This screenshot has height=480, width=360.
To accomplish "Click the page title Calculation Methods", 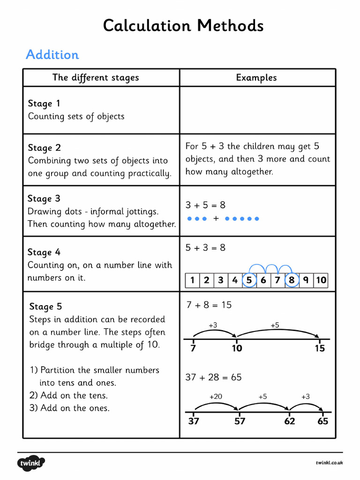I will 183,26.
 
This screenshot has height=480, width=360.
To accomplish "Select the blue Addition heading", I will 52,55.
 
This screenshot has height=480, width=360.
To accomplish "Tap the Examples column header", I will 256,78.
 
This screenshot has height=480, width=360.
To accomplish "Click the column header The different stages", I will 96,78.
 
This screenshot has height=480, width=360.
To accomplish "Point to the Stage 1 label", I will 44,103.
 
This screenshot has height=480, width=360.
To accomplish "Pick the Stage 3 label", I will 44,199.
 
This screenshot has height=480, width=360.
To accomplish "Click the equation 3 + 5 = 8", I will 205,205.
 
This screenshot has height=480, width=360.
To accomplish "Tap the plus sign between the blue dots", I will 216,218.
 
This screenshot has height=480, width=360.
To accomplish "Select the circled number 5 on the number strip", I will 249,280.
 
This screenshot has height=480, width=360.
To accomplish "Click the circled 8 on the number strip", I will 292,280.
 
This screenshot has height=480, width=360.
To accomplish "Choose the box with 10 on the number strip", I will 321,280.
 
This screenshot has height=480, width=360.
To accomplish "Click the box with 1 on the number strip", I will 192,280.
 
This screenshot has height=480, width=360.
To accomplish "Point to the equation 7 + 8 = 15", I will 209,305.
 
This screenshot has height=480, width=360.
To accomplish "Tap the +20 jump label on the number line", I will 216,397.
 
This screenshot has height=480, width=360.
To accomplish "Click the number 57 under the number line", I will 240,421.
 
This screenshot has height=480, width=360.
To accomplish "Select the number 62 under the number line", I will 290,421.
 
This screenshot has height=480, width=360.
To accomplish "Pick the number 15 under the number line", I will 320,348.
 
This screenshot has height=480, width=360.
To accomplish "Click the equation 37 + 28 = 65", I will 213,377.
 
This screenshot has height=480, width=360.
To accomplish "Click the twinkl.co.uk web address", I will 329,463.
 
